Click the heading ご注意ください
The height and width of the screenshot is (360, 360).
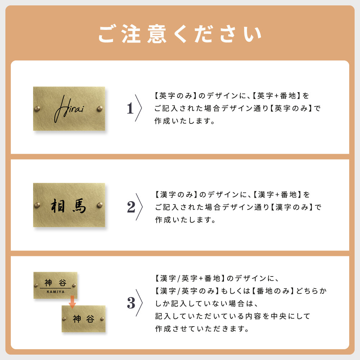pos(180,35)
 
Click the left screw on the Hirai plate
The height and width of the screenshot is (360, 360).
pos(37,108)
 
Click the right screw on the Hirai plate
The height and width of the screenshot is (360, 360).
pos(100,108)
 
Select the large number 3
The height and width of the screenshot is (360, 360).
pos(131,303)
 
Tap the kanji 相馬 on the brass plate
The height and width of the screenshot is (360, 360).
pos(68,206)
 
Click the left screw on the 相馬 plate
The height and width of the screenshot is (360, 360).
pos(37,205)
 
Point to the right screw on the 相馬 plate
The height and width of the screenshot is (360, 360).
pos(100,205)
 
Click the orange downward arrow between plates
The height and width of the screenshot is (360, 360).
pos(72,302)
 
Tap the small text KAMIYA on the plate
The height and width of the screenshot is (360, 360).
pos(55,292)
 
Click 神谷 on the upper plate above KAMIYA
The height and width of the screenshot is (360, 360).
pos(55,283)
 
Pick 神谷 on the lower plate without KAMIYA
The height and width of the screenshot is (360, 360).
pos(84,319)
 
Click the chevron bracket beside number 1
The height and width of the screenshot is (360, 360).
pos(139,108)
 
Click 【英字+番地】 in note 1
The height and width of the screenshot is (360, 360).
pos(276,96)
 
